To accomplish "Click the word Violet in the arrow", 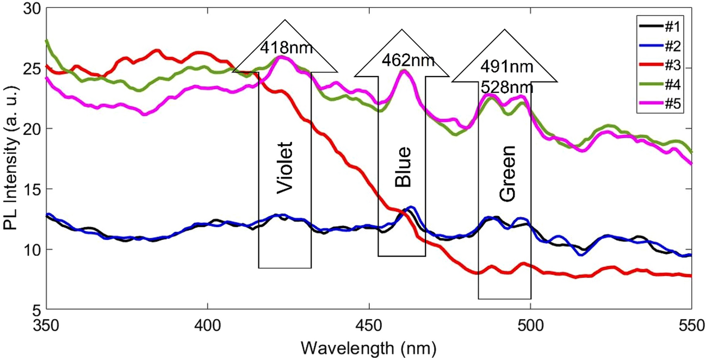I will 285,168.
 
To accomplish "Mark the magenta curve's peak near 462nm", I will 403,71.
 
